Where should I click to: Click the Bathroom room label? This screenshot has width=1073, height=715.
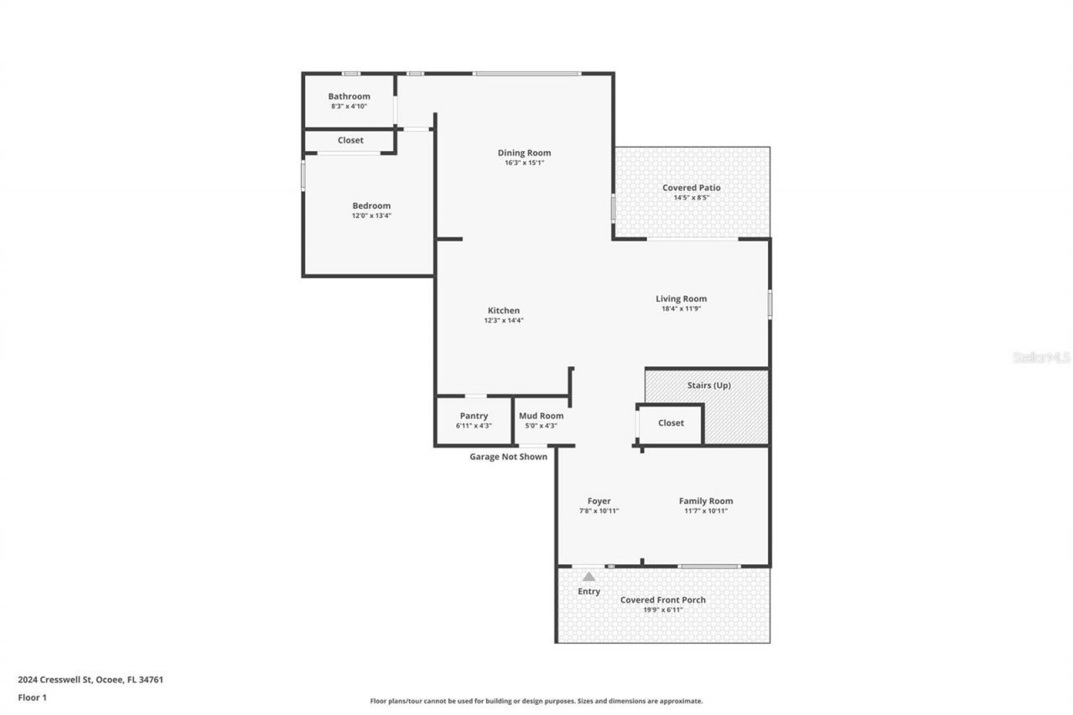(349, 96)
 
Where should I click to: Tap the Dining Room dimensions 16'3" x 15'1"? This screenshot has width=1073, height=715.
(524, 163)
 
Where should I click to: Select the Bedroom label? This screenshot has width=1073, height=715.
(371, 206)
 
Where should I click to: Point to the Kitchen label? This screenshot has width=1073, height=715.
(504, 311)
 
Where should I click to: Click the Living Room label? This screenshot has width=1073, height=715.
(681, 298)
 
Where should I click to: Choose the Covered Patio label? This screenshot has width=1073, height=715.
(692, 188)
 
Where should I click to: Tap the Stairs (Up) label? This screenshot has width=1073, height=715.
(709, 386)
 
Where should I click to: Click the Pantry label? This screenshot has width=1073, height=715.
(474, 416)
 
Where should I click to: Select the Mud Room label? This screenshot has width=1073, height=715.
(541, 416)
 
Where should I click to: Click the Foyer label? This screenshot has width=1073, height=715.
(599, 501)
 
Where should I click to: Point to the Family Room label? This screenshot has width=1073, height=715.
(706, 501)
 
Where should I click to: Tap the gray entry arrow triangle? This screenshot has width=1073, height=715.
(589, 577)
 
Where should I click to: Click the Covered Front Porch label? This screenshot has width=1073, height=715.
(663, 600)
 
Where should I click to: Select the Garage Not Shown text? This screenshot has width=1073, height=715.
(508, 457)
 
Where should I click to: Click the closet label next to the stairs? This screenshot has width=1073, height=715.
(671, 423)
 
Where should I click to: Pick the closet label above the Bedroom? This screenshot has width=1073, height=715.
(350, 140)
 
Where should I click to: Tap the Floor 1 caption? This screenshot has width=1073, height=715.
(32, 697)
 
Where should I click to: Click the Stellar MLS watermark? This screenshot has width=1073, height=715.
(1041, 357)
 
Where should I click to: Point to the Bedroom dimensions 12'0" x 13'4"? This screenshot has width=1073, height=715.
(371, 216)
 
